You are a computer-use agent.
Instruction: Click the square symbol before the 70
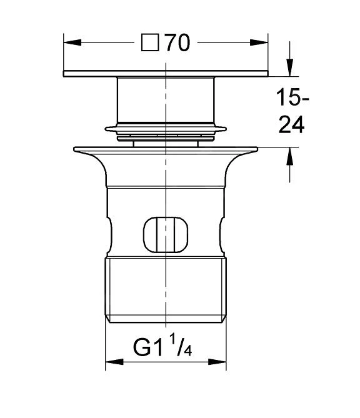tap(150, 42)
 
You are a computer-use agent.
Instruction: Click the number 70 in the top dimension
tap(177, 42)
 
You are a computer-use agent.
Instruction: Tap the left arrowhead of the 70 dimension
tap(72, 42)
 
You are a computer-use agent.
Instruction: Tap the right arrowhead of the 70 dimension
tap(259, 42)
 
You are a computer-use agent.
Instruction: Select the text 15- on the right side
tap(292, 97)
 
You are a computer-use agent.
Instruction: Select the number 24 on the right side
tap(291, 125)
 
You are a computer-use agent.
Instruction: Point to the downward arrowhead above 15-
tap(290, 67)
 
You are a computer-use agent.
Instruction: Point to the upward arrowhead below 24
tap(290, 156)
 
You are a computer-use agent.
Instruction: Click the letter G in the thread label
tap(142, 347)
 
